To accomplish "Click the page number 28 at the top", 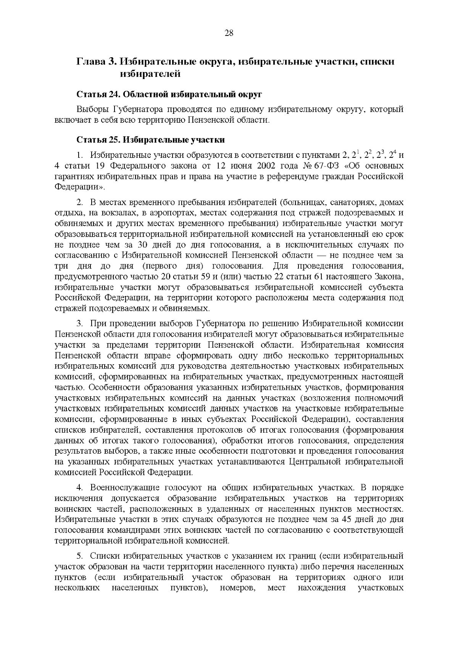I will pos(229,33).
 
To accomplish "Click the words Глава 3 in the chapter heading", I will pos(95,61).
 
